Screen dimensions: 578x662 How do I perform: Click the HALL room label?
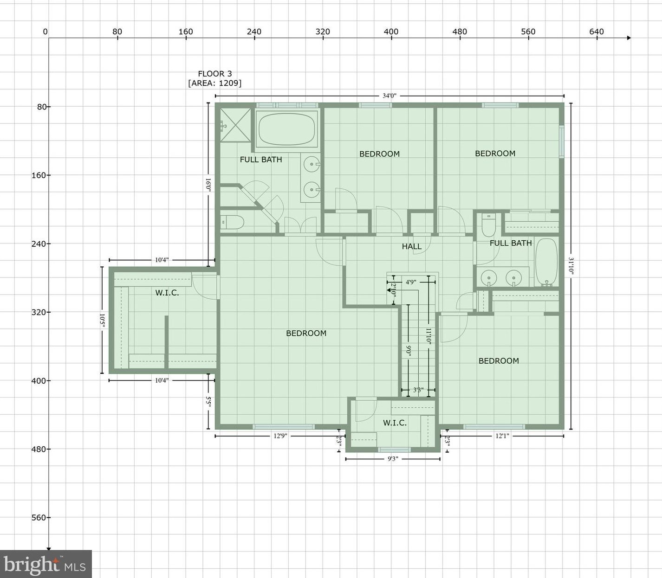click(411, 246)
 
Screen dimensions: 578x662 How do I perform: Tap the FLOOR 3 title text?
click(214, 74)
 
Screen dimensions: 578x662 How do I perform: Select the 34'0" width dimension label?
click(389, 96)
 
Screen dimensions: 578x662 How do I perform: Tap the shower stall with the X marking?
click(235, 125)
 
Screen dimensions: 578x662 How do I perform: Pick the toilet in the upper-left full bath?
click(232, 223)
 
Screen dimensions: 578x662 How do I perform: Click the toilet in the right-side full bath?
click(489, 225)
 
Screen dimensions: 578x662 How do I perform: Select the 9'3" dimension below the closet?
click(393, 459)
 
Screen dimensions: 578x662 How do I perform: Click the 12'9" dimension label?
click(280, 436)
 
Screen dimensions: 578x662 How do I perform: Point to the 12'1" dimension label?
click(502, 436)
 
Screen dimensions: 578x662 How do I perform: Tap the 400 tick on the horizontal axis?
click(391, 32)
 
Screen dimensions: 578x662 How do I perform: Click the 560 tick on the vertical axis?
click(39, 518)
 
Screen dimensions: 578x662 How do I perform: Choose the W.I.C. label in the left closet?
click(167, 293)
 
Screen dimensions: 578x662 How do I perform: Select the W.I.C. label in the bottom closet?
click(395, 423)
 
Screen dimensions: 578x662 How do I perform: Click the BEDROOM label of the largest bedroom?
click(306, 333)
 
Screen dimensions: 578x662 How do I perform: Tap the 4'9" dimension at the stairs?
click(410, 282)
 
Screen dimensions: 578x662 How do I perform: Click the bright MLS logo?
click(45, 565)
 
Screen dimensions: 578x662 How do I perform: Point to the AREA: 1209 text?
click(214, 83)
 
